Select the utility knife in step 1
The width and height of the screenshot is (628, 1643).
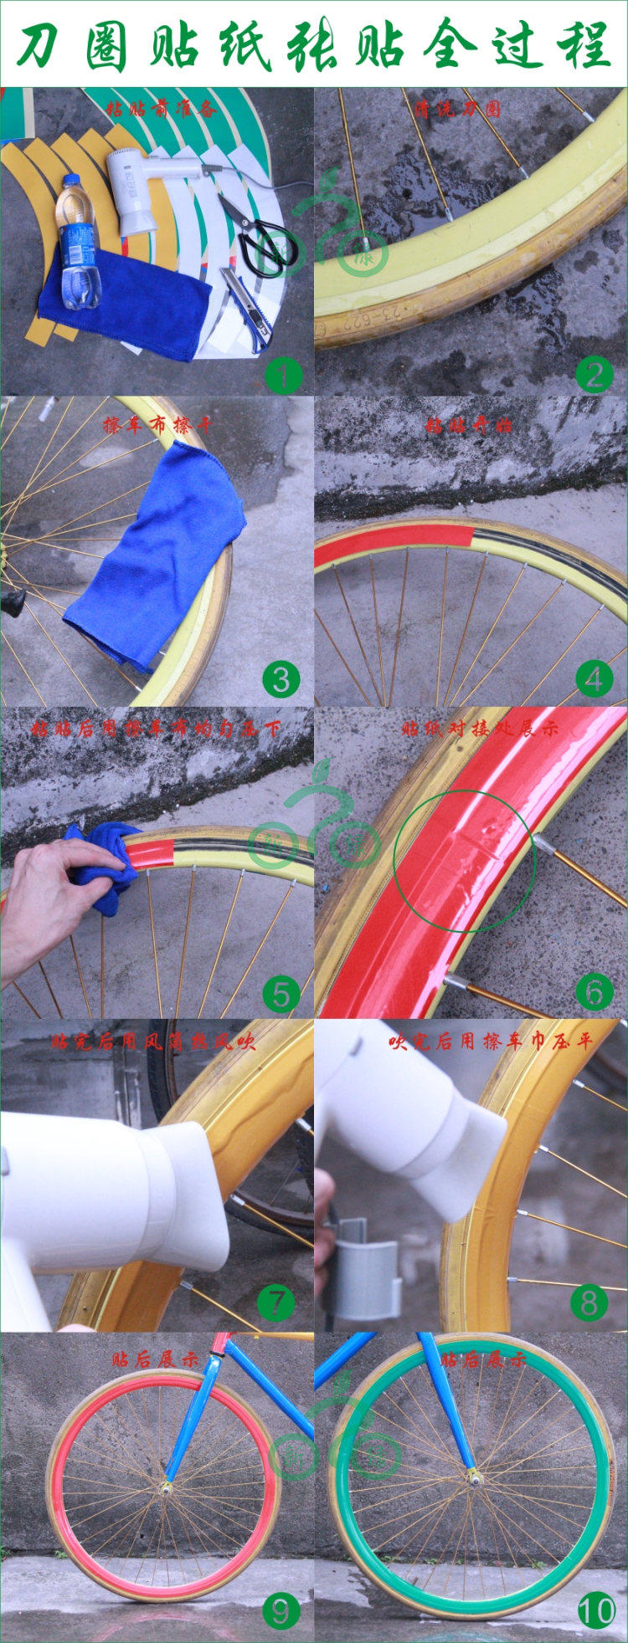tap(247, 306)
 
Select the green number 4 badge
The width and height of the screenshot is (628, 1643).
tap(594, 679)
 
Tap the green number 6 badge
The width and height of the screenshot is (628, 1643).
tap(594, 992)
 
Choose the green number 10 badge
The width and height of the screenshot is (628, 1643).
tap(596, 1611)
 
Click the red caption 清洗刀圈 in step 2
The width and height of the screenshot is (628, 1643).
tap(469, 109)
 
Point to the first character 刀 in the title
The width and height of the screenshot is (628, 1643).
tap(42, 46)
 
